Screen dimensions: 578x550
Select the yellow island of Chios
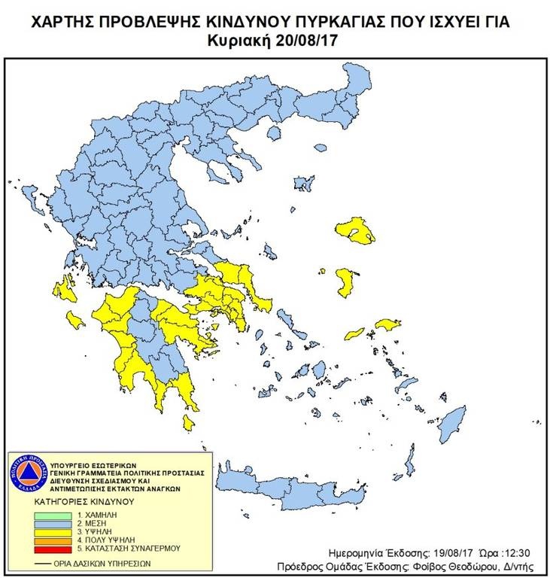tap(346, 281)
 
